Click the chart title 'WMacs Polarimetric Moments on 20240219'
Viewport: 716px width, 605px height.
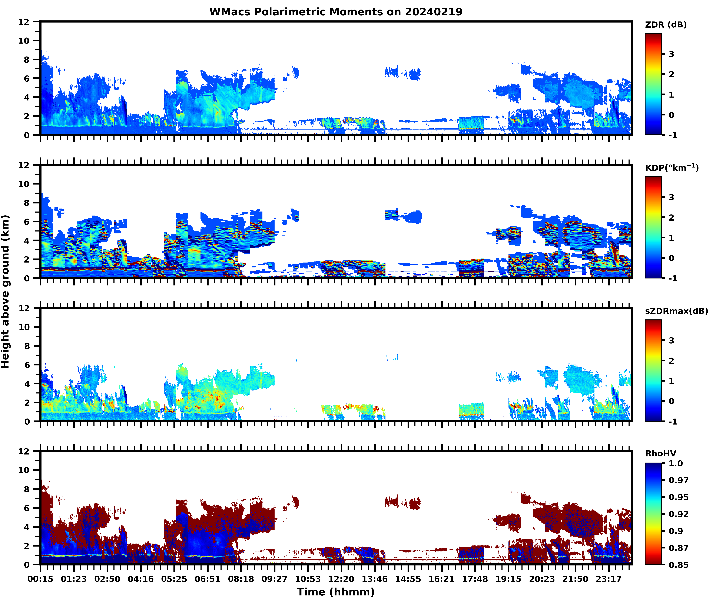pyautogui.click(x=336, y=12)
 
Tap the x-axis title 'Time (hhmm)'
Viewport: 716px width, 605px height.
pyautogui.click(x=336, y=592)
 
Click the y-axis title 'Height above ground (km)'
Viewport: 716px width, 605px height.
pyautogui.click(x=6, y=291)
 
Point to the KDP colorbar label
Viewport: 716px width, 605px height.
pyautogui.click(x=672, y=168)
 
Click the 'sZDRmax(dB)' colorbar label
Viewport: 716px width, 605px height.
pyautogui.click(x=676, y=311)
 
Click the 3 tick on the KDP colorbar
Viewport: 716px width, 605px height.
pyautogui.click(x=671, y=197)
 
